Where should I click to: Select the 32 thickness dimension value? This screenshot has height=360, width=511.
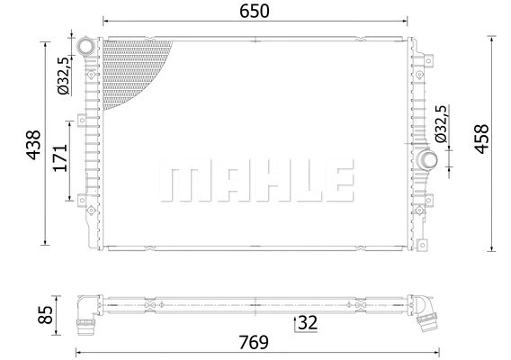308,321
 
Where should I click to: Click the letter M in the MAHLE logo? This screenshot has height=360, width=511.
180,183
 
